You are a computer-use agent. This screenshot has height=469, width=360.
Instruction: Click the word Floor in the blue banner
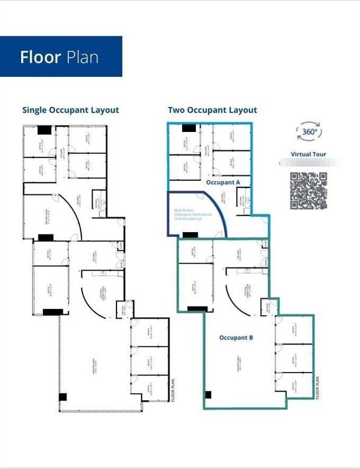tap(40, 57)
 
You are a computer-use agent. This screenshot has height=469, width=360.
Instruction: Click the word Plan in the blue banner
tap(81, 57)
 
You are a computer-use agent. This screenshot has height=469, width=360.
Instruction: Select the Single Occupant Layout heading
tap(71, 111)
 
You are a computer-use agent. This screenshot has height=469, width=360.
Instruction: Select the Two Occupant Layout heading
tap(212, 111)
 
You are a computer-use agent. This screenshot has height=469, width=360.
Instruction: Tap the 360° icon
tap(309, 131)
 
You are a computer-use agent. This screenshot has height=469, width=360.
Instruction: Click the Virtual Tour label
tap(309, 155)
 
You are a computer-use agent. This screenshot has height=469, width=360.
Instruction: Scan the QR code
tap(309, 191)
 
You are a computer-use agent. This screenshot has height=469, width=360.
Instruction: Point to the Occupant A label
tap(224, 183)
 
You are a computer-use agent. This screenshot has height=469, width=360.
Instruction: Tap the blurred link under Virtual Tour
tap(309, 164)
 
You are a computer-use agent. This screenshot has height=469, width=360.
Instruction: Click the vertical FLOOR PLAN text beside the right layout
tap(318, 387)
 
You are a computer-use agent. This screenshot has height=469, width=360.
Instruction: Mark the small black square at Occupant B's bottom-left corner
tap(208, 394)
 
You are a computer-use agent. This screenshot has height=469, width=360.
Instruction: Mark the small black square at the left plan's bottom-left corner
tap(63, 397)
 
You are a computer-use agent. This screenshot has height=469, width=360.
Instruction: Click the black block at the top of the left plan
tap(45, 129)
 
